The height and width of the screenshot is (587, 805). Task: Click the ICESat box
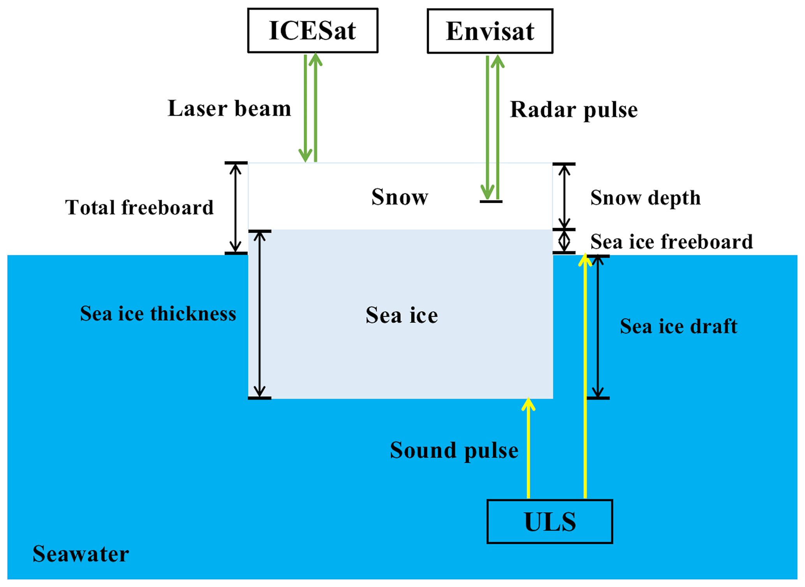coord(313,30)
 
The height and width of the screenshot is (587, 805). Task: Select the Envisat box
coord(490,31)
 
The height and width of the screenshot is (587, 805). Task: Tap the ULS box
coord(550,522)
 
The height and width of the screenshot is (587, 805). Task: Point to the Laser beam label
coord(229,108)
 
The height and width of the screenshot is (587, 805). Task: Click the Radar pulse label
coord(574,110)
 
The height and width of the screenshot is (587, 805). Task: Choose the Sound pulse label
coord(454,451)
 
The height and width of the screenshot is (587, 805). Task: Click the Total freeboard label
coord(139,207)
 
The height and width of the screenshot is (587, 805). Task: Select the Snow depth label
coord(645,198)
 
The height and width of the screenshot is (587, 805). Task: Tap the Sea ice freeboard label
coord(671,242)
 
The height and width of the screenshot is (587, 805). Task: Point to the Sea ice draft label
coord(678,326)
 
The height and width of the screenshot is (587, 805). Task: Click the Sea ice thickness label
coord(158,313)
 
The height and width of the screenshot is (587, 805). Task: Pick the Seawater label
coord(81,554)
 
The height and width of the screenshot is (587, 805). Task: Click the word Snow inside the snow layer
coord(400,197)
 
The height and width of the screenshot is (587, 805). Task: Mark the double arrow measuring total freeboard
coord(235,208)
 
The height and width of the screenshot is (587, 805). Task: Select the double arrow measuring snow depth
coord(564,196)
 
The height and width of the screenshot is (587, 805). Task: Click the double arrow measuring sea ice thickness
coord(259,314)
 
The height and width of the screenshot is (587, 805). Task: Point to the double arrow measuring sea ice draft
coord(598,327)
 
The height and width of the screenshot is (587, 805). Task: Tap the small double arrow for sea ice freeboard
coord(564,241)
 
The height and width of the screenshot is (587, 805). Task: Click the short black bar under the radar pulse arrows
coord(491,202)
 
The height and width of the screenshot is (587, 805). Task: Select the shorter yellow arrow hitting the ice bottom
coord(528,448)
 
